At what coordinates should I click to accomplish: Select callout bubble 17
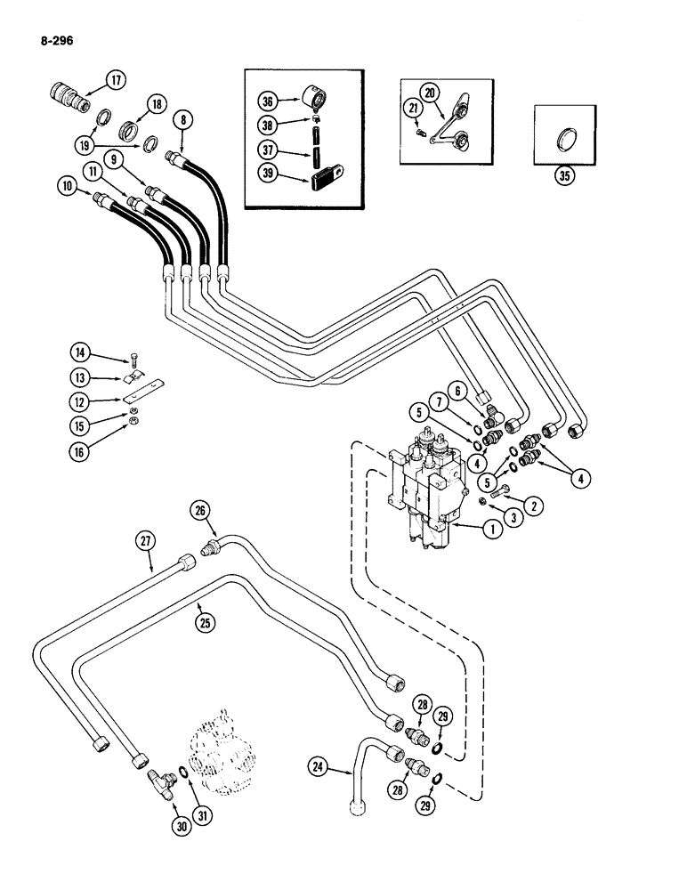tap(116, 80)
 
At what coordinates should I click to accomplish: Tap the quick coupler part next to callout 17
tap(65, 95)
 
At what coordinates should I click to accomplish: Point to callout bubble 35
tap(562, 175)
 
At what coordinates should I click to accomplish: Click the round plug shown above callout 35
tap(563, 141)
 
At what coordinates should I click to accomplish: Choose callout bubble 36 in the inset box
tap(266, 101)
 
